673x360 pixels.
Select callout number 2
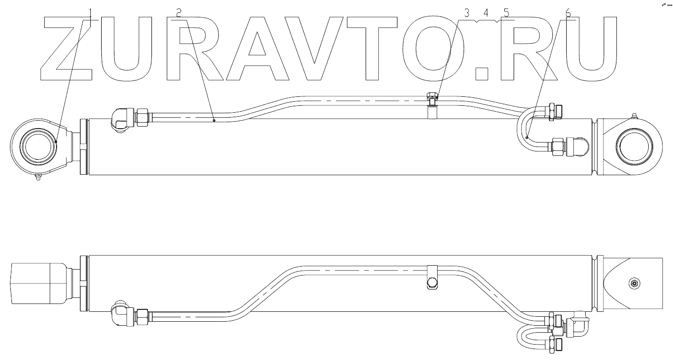tap(179, 12)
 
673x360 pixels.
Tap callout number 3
tap(467, 13)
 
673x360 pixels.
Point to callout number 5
tap(506, 13)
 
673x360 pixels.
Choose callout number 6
tap(568, 13)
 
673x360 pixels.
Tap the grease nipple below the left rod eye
tap(38, 179)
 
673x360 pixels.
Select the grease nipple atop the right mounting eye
tap(634, 117)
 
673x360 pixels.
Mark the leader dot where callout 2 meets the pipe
tap(214, 120)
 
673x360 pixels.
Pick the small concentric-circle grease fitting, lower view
tap(634, 284)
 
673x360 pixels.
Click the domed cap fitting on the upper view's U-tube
tap(581, 146)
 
